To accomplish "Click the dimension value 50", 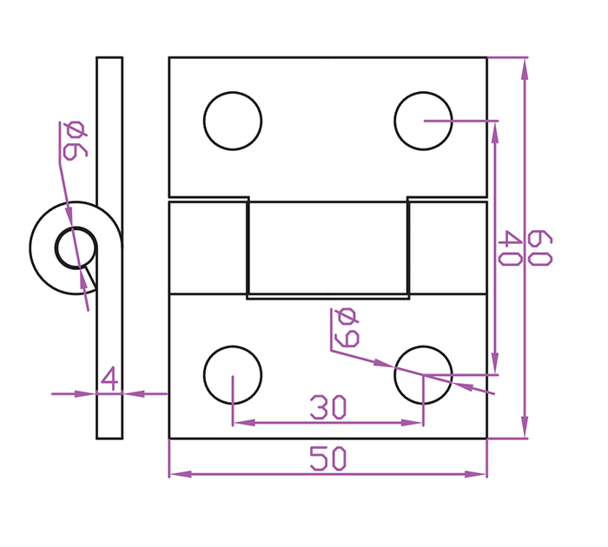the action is pos(328,458).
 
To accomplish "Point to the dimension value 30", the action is pos(328,407).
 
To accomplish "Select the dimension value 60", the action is pos(539,247).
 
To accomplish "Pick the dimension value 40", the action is pos(509,248).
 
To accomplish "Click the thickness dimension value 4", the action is pos(109,378).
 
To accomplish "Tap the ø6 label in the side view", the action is pos(76,141).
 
